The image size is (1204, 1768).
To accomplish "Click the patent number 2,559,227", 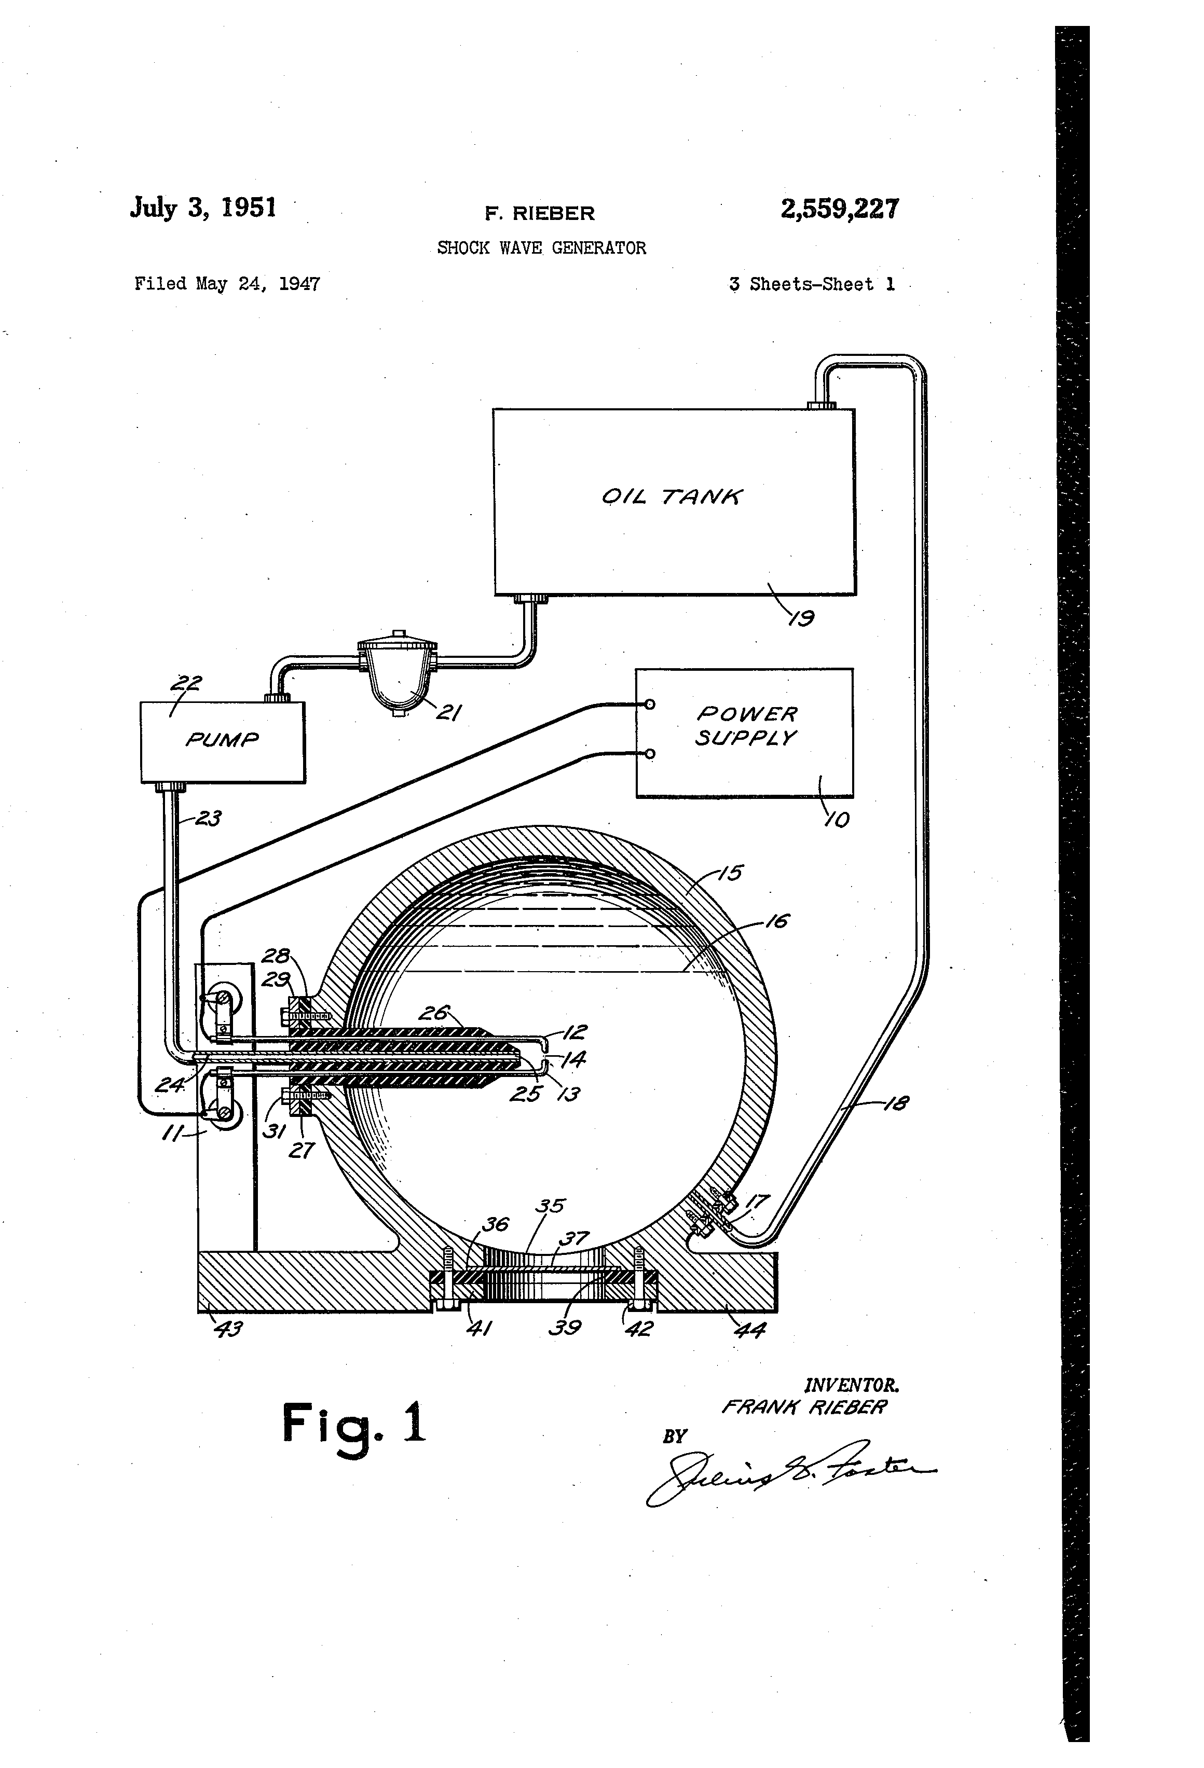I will tap(840, 209).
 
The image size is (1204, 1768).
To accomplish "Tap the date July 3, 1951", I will tap(203, 208).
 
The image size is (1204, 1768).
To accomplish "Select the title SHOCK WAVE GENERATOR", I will tap(541, 248).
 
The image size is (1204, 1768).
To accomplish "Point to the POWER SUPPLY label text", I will tap(745, 726).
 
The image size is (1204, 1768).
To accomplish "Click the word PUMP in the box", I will tap(222, 739).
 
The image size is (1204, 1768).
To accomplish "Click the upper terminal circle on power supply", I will tap(649, 705).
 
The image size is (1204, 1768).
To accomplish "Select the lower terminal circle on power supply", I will tap(649, 754).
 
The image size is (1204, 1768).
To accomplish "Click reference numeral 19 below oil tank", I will tap(801, 618).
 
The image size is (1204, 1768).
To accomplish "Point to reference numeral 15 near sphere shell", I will tap(730, 873).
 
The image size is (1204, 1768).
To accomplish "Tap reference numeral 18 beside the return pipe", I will tap(897, 1102).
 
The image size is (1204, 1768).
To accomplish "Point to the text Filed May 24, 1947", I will tap(227, 284).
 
